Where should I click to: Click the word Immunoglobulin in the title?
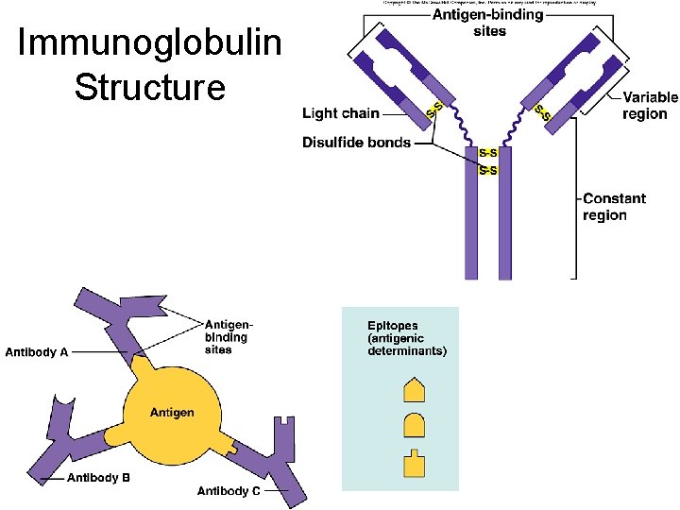click(x=149, y=43)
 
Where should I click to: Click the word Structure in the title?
click(x=149, y=87)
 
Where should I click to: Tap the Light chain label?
click(x=340, y=113)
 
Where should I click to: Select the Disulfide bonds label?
click(x=356, y=143)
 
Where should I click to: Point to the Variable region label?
click(x=650, y=105)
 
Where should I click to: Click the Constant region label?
click(x=614, y=207)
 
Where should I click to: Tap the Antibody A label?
click(x=37, y=352)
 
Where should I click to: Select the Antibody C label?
click(x=229, y=491)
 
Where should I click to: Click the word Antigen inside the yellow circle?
click(x=172, y=413)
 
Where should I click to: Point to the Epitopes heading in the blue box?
click(x=393, y=326)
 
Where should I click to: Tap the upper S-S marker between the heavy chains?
click(x=488, y=153)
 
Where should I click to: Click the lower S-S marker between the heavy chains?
click(x=488, y=170)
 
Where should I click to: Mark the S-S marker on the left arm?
click(x=436, y=110)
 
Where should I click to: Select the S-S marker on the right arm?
click(x=543, y=111)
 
